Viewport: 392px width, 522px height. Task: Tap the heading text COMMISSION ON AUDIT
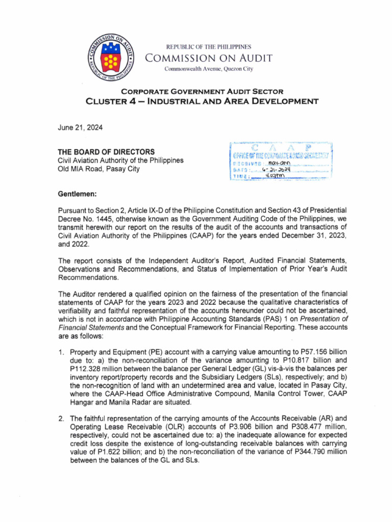[x=209, y=58]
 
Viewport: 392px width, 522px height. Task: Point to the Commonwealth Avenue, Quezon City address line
[x=208, y=69]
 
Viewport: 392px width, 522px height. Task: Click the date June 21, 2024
[x=81, y=128]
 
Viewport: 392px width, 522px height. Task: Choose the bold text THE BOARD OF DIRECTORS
[x=107, y=152]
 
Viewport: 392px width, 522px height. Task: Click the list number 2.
[x=61, y=417]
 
